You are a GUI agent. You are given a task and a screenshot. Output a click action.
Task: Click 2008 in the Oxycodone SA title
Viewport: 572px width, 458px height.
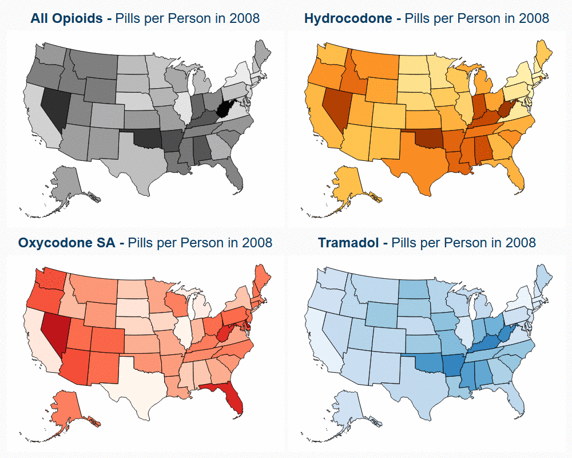(x=257, y=243)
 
